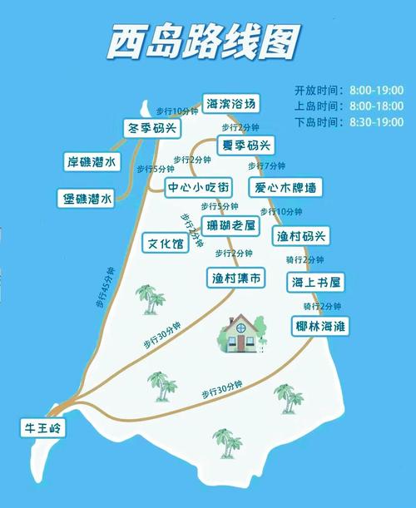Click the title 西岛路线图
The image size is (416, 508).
pyautogui.click(x=204, y=42)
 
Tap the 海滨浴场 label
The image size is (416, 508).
pyautogui.click(x=230, y=104)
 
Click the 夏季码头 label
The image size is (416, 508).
pyautogui.click(x=245, y=145)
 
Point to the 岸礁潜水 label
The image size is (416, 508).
pyautogui.click(x=92, y=161)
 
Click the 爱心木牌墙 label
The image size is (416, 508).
pyautogui.click(x=285, y=186)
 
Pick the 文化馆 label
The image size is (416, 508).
pyautogui.click(x=166, y=244)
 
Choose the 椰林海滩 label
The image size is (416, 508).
pyautogui.click(x=321, y=326)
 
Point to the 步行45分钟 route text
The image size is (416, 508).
pyautogui.click(x=105, y=288)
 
